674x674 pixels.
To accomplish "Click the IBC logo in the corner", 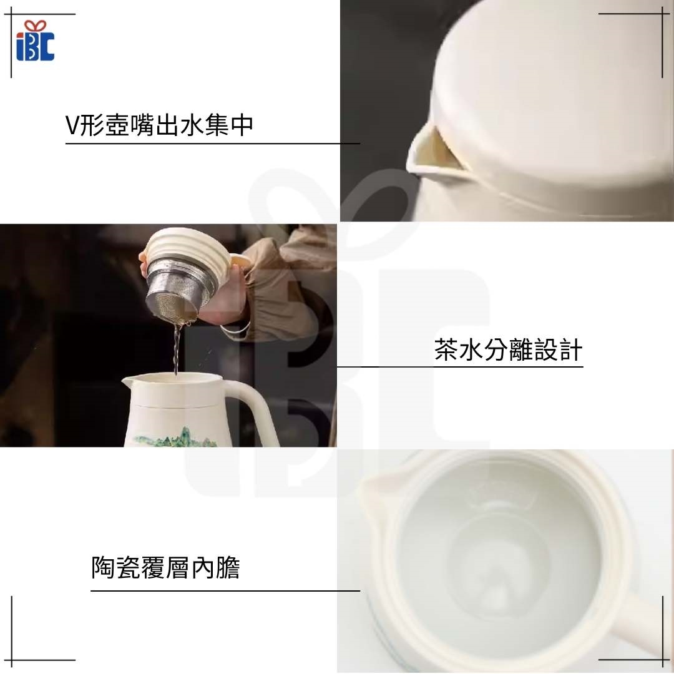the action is tap(35, 41).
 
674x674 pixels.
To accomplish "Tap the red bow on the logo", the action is tap(35, 26).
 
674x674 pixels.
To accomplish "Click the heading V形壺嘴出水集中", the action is tap(159, 125).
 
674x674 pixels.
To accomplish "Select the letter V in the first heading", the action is tap(72, 125).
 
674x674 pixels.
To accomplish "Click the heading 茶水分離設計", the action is tap(508, 349).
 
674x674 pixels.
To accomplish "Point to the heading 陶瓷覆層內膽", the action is tap(165, 567).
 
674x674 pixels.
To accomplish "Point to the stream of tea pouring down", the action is tap(176, 349).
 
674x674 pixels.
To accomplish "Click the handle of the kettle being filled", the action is tap(253, 408).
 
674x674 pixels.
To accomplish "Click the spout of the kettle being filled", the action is tap(129, 380).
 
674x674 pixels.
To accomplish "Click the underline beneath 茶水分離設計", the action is tap(460, 367).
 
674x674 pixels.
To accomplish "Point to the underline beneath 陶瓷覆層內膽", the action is tap(225, 590).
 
